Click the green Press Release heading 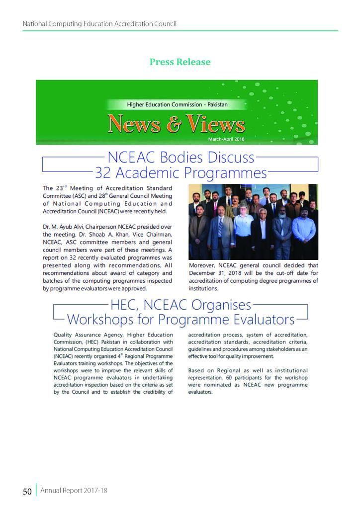pyautogui.click(x=180, y=62)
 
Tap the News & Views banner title pyautogui.click(x=177, y=124)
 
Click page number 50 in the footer pyautogui.click(x=27, y=492)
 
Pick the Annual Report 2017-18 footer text pyautogui.click(x=74, y=491)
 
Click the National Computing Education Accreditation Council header pyautogui.click(x=99, y=24)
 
